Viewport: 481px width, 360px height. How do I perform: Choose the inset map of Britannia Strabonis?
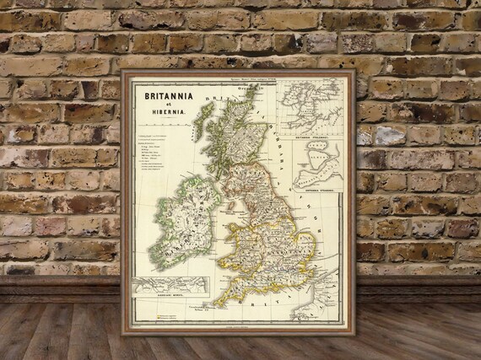316,165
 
